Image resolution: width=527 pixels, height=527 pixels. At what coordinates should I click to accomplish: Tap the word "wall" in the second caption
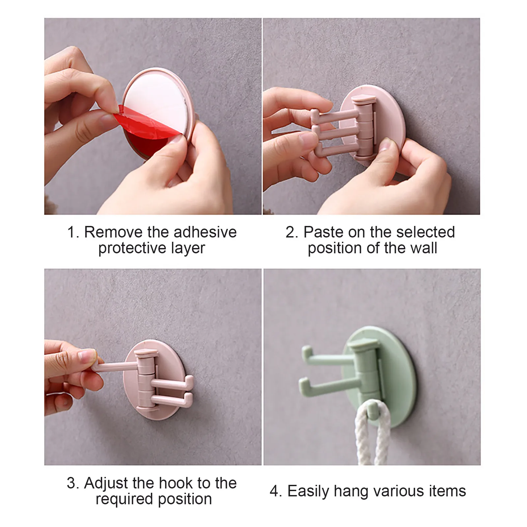pos(423,248)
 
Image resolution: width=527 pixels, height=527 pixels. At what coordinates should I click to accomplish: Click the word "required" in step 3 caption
pos(125,499)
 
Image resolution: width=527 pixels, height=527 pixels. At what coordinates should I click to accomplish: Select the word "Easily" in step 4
pos(308,491)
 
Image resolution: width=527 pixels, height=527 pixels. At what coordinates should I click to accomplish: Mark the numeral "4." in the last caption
pos(276,491)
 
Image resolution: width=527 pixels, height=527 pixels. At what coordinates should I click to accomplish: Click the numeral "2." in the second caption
pos(292,232)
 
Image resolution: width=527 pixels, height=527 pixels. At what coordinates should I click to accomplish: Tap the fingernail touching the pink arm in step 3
pos(87,356)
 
